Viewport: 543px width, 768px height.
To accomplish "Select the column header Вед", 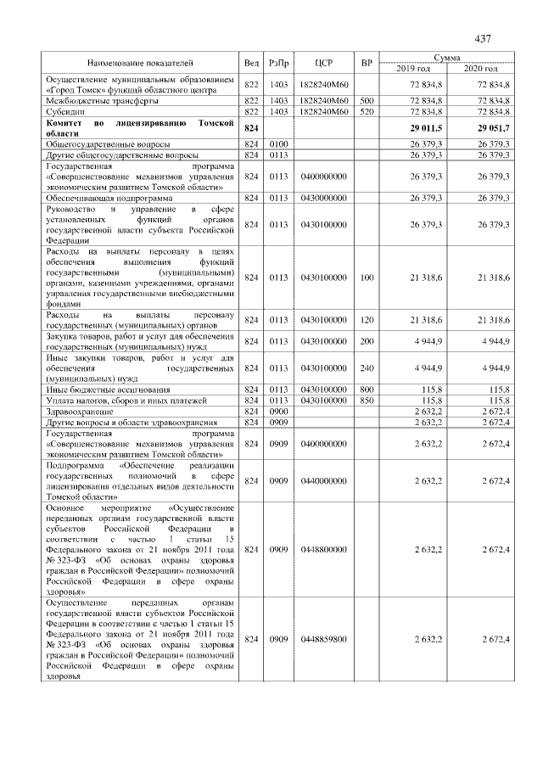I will pos(251,63).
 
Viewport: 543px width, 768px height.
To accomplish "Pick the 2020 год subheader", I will pos(481,68).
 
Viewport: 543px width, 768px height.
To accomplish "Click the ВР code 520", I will pos(367,110).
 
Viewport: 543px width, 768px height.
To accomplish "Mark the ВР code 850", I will pos(367,400).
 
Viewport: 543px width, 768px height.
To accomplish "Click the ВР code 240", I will pos(367,368).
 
